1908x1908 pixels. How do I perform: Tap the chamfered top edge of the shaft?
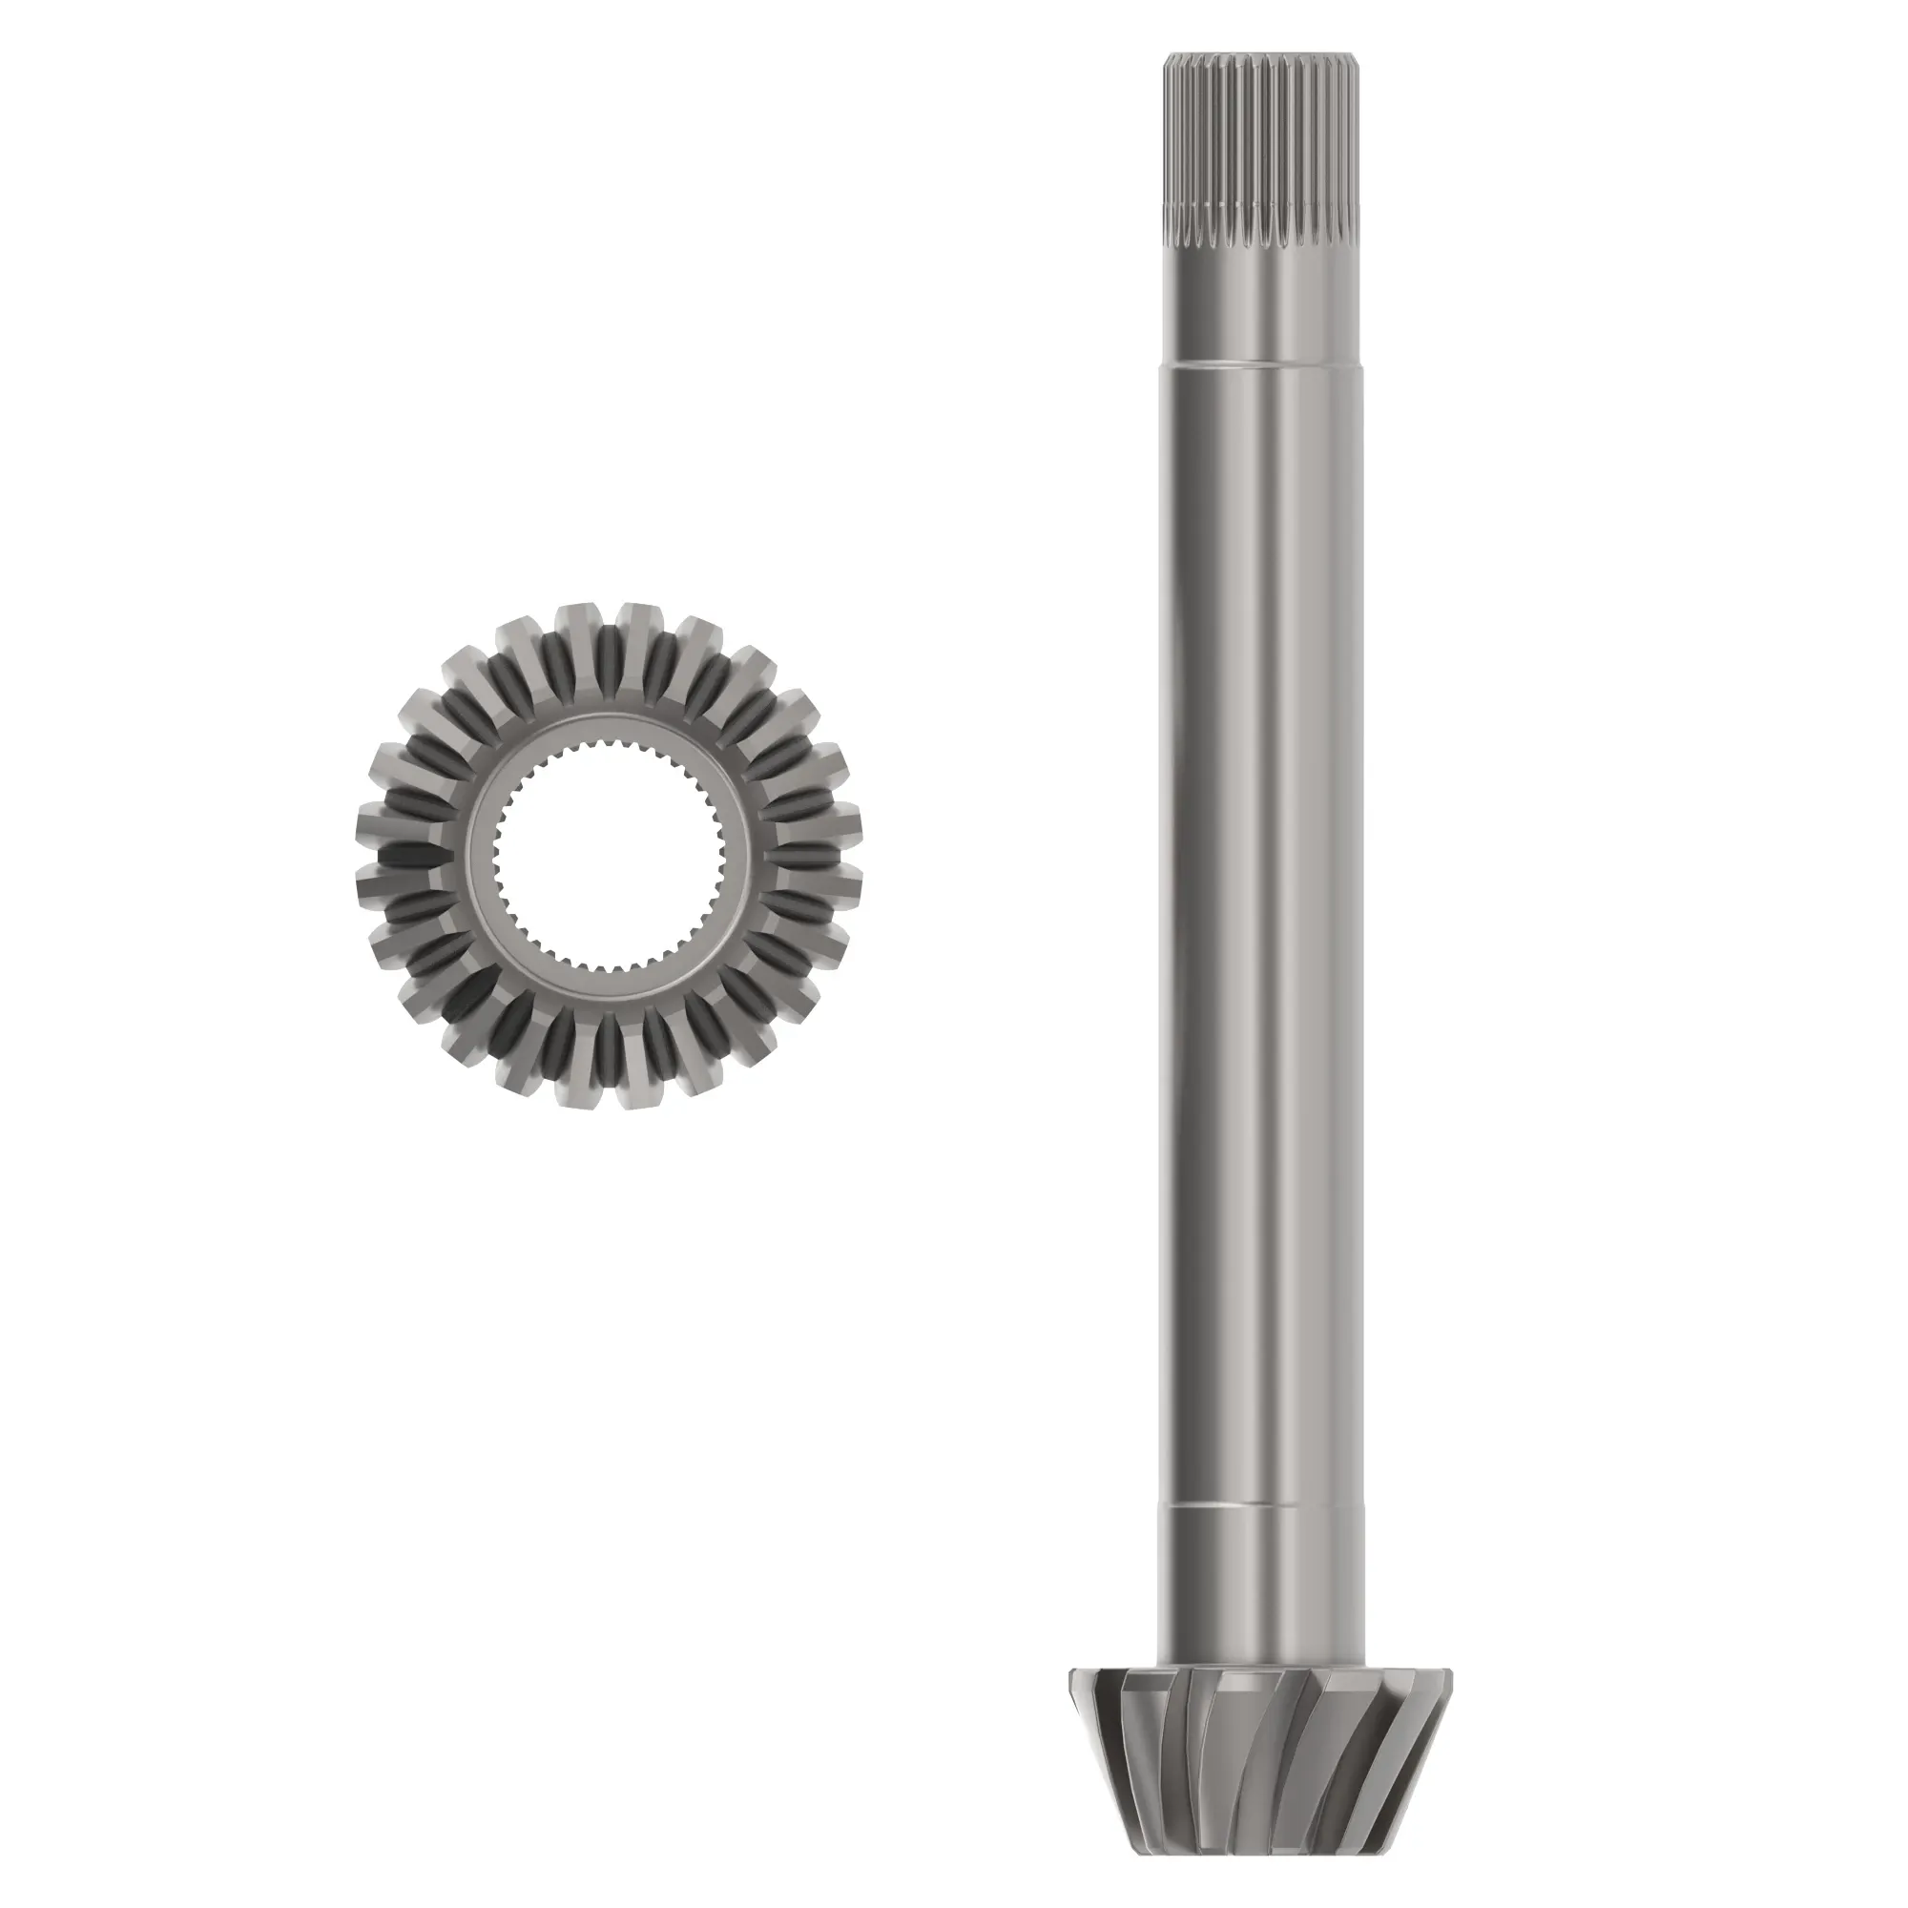[1261, 56]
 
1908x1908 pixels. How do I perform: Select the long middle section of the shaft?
[1261, 889]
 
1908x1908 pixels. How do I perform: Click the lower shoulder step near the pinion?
[1261, 1505]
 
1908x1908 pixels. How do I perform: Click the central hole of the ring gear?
[608, 854]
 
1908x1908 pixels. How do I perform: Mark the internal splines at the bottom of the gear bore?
[608, 962]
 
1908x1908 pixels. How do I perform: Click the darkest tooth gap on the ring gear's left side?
[404, 854]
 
